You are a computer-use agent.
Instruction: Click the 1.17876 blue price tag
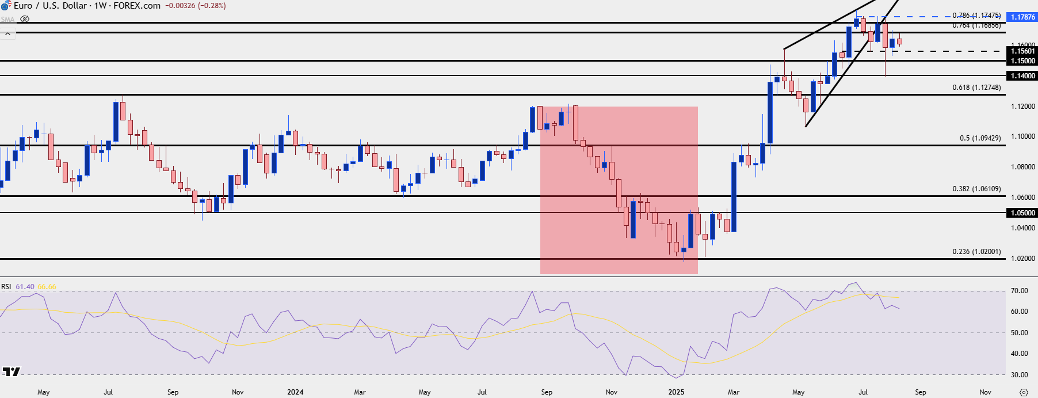pyautogui.click(x=1023, y=17)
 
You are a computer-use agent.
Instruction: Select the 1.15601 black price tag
pyautogui.click(x=1023, y=51)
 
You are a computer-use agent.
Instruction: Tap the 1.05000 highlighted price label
pyautogui.click(x=1023, y=213)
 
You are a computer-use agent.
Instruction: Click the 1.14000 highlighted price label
pyautogui.click(x=1023, y=76)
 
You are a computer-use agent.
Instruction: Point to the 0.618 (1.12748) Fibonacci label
pyautogui.click(x=976, y=88)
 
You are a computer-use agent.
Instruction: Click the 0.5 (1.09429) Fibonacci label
pyautogui.click(x=980, y=138)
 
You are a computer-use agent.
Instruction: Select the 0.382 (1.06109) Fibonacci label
pyautogui.click(x=976, y=189)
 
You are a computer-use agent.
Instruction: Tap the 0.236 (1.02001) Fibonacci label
pyautogui.click(x=976, y=252)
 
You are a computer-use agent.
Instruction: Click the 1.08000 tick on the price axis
pyautogui.click(x=1023, y=167)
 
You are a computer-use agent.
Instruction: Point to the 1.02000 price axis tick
pyautogui.click(x=1023, y=259)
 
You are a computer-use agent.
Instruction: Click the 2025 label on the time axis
pyautogui.click(x=676, y=392)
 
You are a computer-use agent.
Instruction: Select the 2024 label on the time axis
pyautogui.click(x=295, y=392)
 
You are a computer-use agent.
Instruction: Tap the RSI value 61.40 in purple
pyautogui.click(x=25, y=287)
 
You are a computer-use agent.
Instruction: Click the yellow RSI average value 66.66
pyautogui.click(x=47, y=287)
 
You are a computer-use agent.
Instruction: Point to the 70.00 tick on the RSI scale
pyautogui.click(x=1019, y=291)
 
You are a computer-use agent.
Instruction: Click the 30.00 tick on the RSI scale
pyautogui.click(x=1019, y=375)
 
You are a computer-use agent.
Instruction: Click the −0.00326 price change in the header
pyautogui.click(x=181, y=6)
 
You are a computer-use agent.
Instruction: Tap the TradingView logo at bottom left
pyautogui.click(x=11, y=372)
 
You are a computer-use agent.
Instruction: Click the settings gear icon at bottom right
pyautogui.click(x=1024, y=392)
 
